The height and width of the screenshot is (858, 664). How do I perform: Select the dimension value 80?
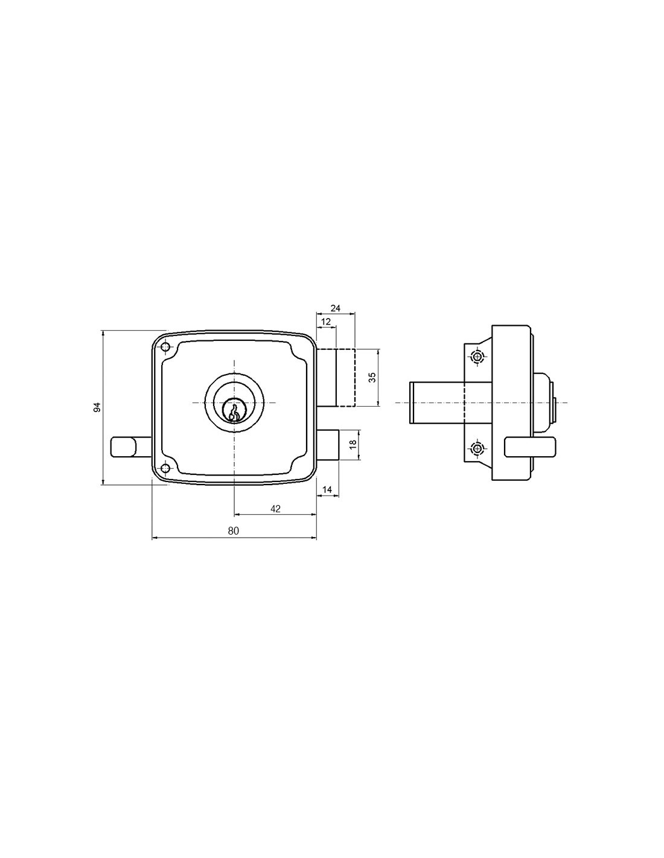tap(234, 531)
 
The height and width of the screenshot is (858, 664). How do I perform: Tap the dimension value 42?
tap(275, 509)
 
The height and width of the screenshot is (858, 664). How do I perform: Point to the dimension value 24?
tap(335, 308)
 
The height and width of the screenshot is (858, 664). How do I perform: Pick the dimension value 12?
tap(326, 322)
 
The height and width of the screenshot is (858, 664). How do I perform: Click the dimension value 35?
tap(372, 378)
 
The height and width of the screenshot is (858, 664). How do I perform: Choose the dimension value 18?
tap(353, 444)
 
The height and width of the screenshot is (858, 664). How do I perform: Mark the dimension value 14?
tap(327, 489)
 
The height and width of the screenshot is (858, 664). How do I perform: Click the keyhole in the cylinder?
tap(234, 411)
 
